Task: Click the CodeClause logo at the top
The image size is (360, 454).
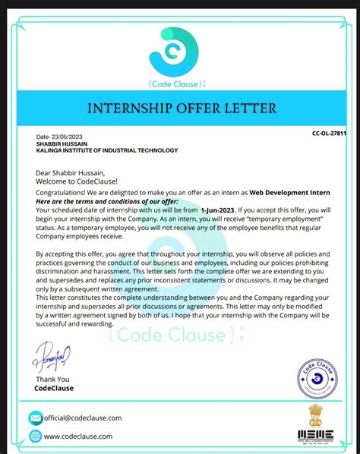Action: pyautogui.click(x=179, y=52)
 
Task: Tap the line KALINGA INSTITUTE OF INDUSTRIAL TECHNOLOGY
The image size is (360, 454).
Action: pyautogui.click(x=106, y=150)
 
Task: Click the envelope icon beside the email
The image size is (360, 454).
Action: pyautogui.click(x=36, y=418)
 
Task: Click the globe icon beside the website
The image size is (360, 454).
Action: pyautogui.click(x=36, y=436)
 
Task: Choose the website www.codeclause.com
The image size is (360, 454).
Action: pyautogui.click(x=78, y=437)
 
